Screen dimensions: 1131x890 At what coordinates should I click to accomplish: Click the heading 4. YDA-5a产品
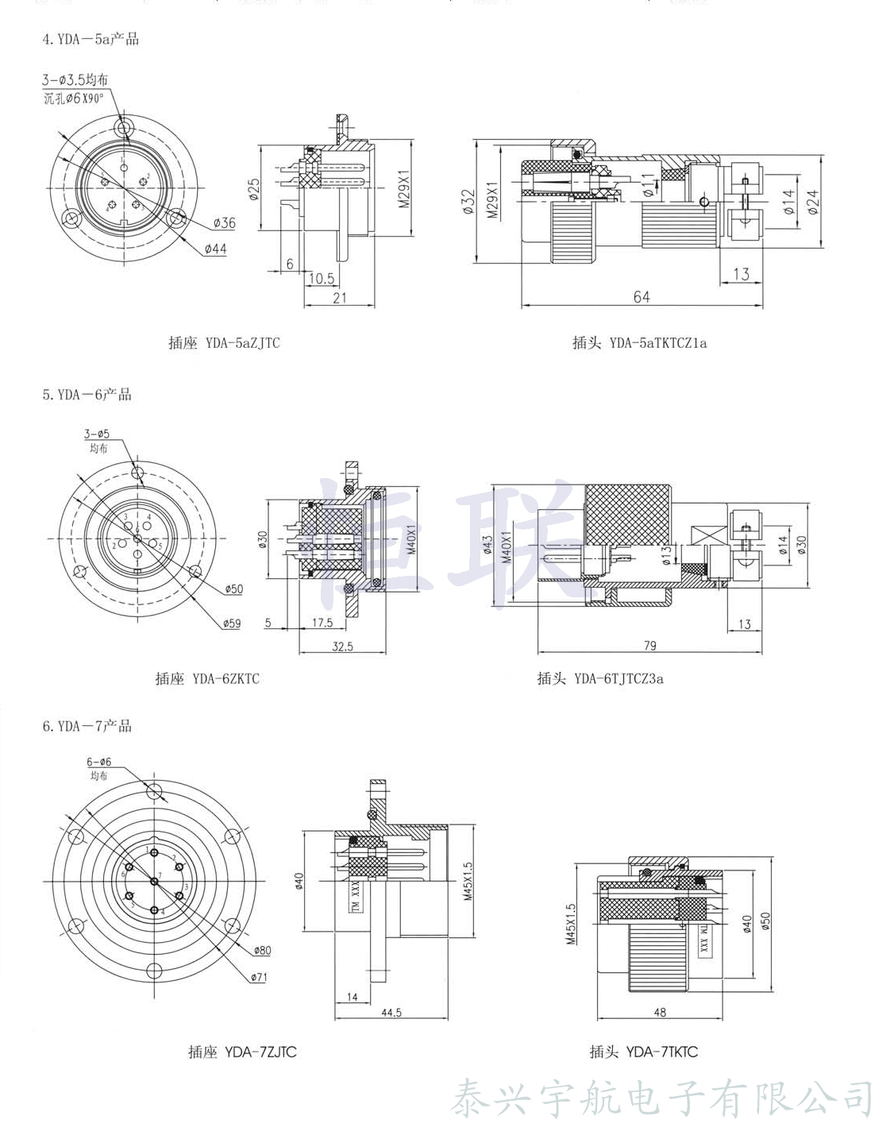coord(91,39)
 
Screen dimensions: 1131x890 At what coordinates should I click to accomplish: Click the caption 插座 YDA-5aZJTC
coord(224,343)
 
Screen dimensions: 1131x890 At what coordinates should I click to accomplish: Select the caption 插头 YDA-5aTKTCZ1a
coord(639,343)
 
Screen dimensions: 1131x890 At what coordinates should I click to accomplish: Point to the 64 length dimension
coord(641,296)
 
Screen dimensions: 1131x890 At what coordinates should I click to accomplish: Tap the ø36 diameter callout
coord(224,223)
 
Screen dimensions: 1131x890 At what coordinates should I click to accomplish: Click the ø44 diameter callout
coord(214,249)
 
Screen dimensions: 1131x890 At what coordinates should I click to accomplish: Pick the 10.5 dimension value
coord(321,278)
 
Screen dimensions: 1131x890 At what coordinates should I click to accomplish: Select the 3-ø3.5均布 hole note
coord(75,80)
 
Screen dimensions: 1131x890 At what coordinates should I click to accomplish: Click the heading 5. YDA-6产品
coord(87,395)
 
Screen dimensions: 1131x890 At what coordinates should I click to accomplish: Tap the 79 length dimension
coord(649,646)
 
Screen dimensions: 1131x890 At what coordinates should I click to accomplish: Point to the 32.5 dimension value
coord(342,647)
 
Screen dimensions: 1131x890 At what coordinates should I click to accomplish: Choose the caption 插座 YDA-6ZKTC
coord(207,679)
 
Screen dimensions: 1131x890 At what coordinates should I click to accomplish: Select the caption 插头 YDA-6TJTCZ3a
coord(600,678)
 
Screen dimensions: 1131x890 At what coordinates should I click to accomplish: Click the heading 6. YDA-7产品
coord(87,726)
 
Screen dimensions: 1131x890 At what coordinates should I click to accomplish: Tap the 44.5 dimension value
coord(391,1013)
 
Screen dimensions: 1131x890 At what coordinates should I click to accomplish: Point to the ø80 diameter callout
coord(262,951)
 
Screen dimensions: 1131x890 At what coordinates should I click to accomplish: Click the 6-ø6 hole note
coord(99,762)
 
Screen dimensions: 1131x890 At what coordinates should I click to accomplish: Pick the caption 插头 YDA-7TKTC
coord(644,1052)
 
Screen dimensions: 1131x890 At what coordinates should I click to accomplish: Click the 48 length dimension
coord(660,1013)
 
